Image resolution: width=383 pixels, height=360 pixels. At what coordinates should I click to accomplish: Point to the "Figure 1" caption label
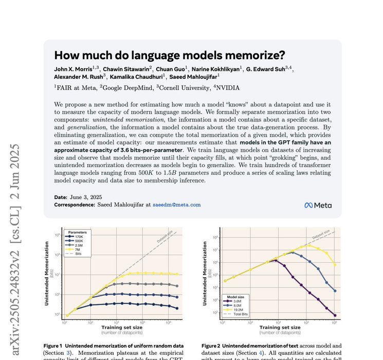click(x=53, y=346)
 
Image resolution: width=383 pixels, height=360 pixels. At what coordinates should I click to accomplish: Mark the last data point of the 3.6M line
click(x=335, y=315)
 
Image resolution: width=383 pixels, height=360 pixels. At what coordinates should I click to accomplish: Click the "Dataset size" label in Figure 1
click(x=166, y=238)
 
